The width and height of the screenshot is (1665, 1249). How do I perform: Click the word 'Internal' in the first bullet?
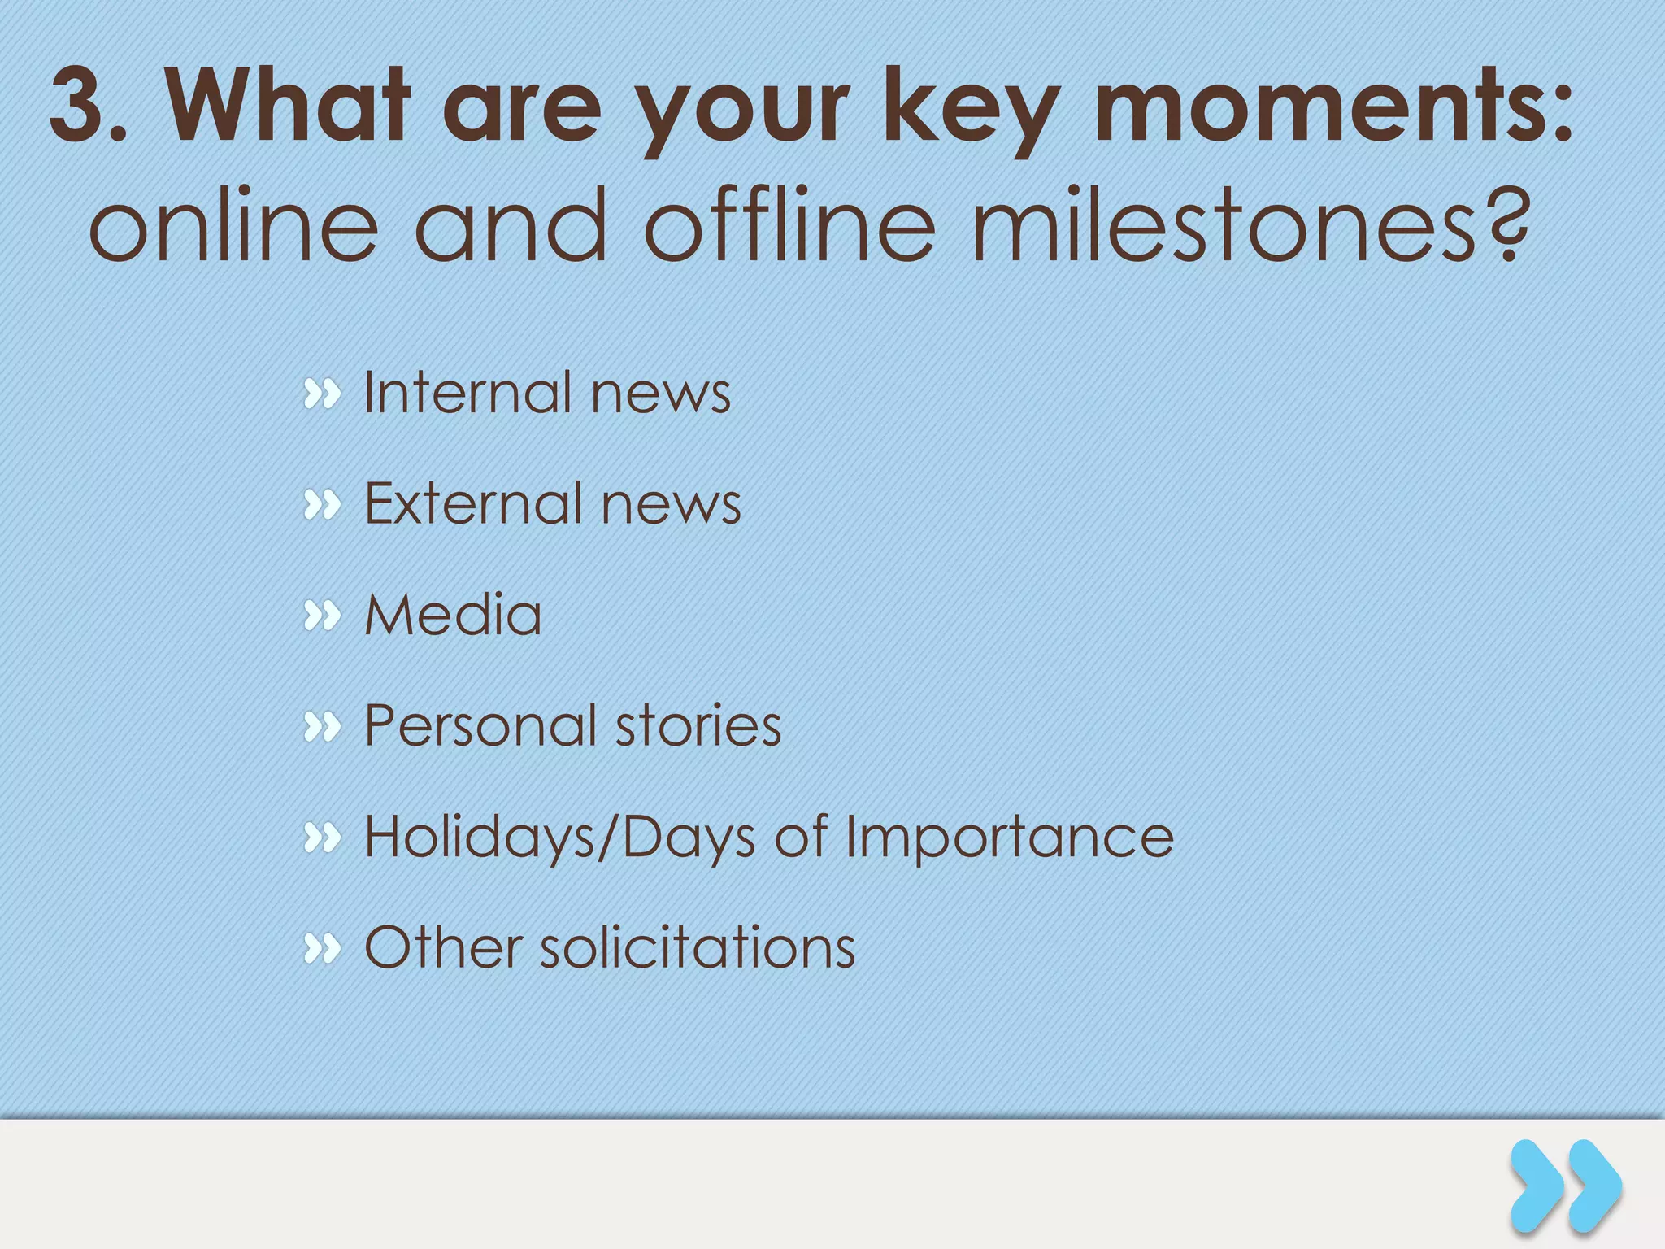(467, 393)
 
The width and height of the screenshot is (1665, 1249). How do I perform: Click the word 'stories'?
(698, 725)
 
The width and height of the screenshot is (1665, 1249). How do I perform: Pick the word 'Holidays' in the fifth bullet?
(480, 837)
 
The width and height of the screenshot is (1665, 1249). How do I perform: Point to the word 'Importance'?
(1009, 837)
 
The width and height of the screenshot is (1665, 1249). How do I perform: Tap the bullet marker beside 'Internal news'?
(322, 394)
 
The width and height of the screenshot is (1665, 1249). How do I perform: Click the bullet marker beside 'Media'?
(322, 616)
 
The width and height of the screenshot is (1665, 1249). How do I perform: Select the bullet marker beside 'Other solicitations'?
(322, 949)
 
